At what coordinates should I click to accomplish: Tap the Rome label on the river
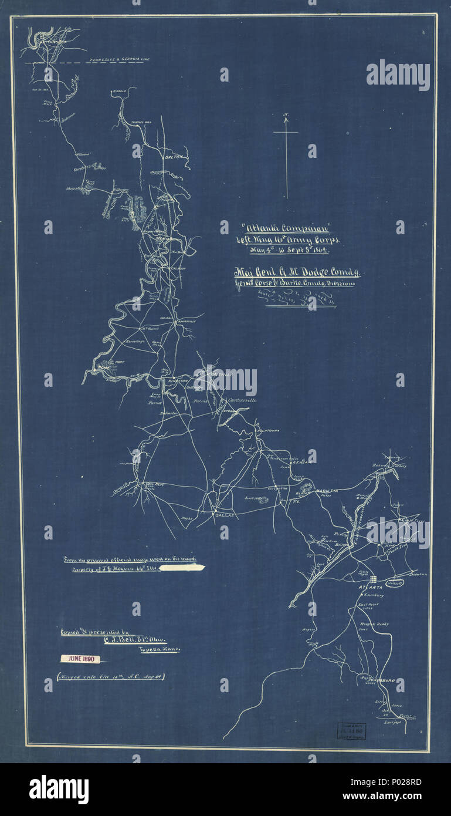tap(104, 367)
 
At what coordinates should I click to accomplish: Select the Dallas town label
tap(225, 514)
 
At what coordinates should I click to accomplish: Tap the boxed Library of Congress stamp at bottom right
tap(351, 730)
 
